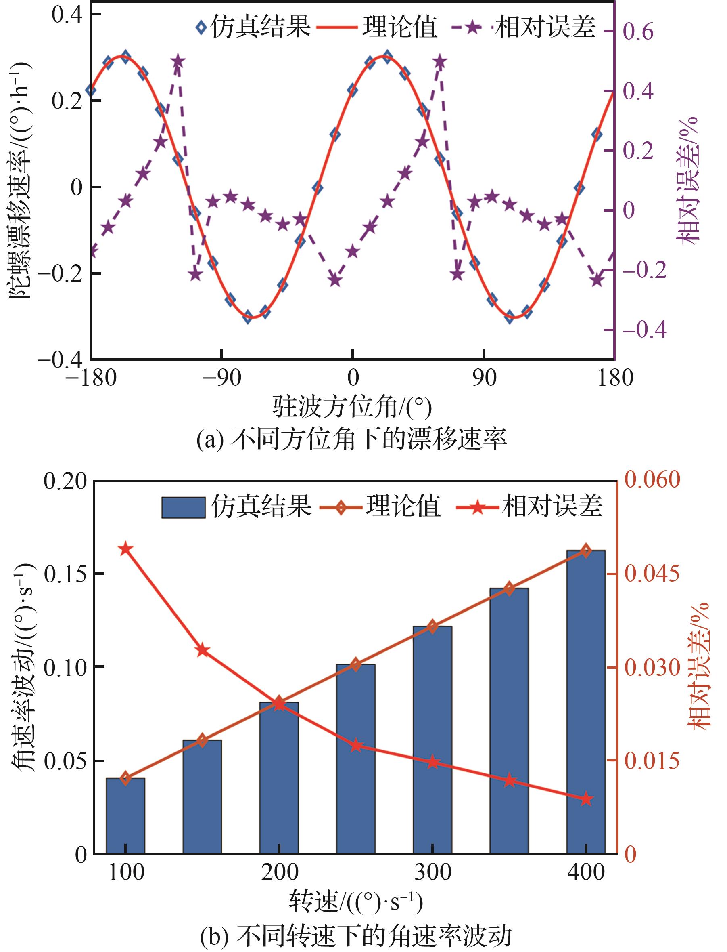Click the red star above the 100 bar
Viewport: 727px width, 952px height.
click(125, 549)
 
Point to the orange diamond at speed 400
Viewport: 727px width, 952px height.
click(586, 551)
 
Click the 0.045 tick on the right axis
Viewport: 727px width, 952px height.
click(652, 574)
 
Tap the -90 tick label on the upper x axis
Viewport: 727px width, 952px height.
click(221, 378)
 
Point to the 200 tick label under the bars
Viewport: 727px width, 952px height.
click(279, 872)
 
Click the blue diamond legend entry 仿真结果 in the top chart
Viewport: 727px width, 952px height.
click(253, 27)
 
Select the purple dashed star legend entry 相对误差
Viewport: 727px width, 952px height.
click(524, 27)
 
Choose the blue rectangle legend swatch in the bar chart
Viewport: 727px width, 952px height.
click(183, 507)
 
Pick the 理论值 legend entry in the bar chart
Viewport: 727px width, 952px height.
click(381, 506)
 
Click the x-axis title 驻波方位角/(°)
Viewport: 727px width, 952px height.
click(352, 407)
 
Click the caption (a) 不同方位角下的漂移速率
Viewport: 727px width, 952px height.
click(351, 439)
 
